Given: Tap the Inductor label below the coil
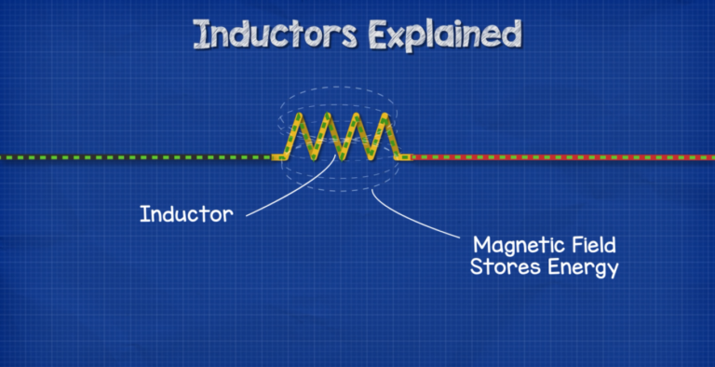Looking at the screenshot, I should click(185, 213).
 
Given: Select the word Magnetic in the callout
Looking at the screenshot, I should click(514, 247).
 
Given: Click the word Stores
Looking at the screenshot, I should click(502, 269).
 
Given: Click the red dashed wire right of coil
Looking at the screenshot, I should click(559, 157).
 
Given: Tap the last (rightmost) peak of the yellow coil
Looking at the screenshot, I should click(381, 116).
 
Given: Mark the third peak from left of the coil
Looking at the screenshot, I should click(354, 116).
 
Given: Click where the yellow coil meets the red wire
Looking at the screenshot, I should click(406, 157).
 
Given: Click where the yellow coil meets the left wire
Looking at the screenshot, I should click(277, 157).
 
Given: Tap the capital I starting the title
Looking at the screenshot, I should click(200, 35).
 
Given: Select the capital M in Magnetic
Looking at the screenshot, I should click(481, 247).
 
